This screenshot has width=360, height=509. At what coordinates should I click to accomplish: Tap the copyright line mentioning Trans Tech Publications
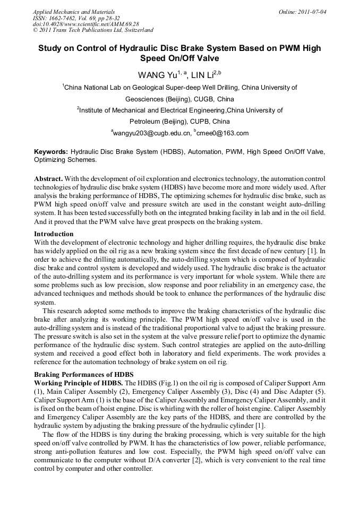93,30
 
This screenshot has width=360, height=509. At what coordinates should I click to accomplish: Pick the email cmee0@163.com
224,133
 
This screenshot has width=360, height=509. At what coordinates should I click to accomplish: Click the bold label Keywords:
50,152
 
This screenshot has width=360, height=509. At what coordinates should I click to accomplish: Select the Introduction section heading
54,234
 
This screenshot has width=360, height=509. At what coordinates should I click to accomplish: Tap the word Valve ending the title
207,58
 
